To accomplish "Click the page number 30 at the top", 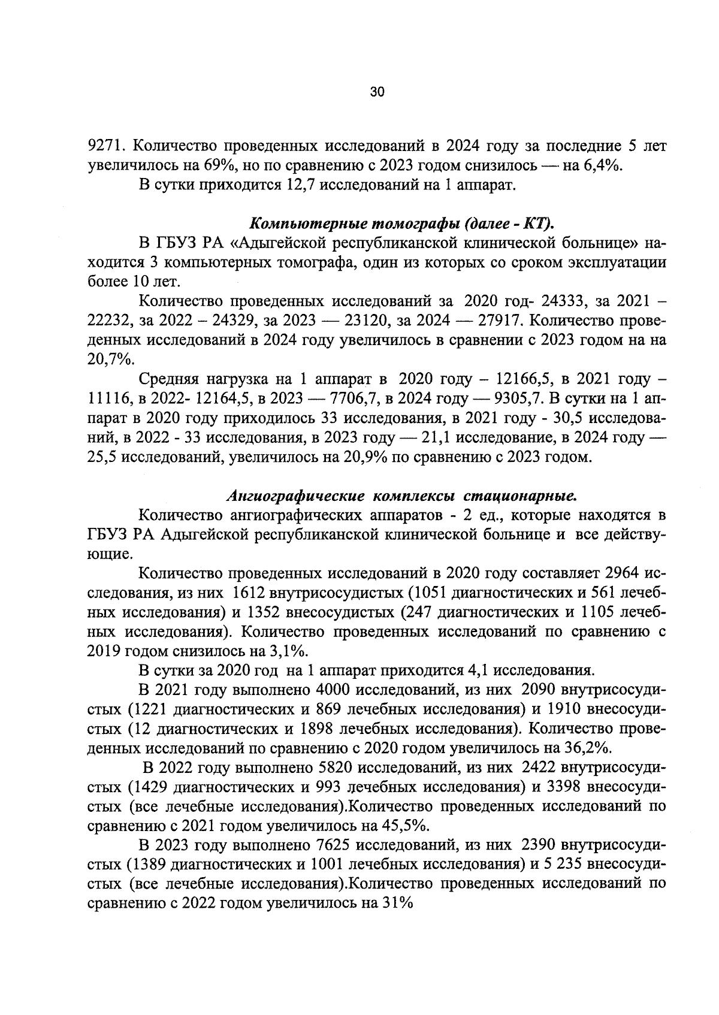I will (x=377, y=92).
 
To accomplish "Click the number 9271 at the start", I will (x=105, y=146).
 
